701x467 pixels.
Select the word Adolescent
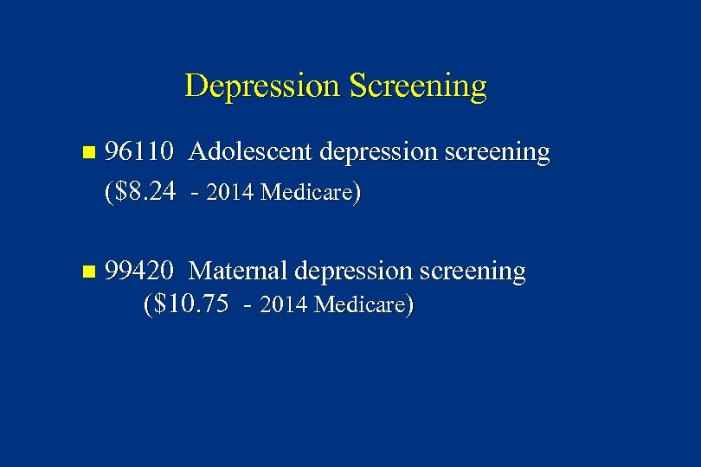tap(250, 152)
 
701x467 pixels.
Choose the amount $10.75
tap(188, 304)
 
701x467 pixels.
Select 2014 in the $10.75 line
tap(284, 305)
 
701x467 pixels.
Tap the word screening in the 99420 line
tap(473, 272)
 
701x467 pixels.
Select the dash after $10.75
tap(249, 305)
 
